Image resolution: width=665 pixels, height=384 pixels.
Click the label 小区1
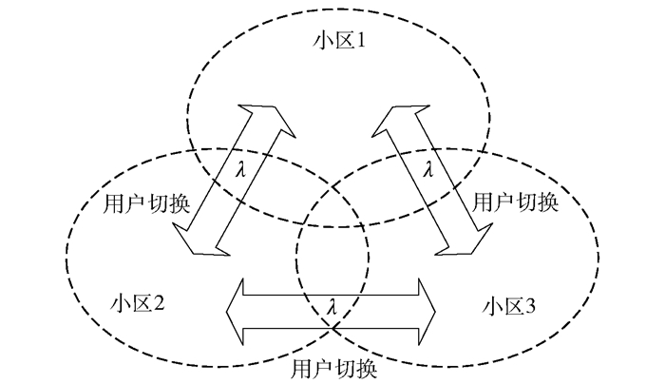[x=334, y=43]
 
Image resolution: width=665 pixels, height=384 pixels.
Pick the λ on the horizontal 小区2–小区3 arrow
[x=332, y=308]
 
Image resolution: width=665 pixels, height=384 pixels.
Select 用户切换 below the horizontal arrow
[x=332, y=367]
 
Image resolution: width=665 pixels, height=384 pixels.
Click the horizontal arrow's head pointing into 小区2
[x=237, y=308]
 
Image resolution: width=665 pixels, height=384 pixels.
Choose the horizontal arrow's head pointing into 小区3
[x=427, y=308]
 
